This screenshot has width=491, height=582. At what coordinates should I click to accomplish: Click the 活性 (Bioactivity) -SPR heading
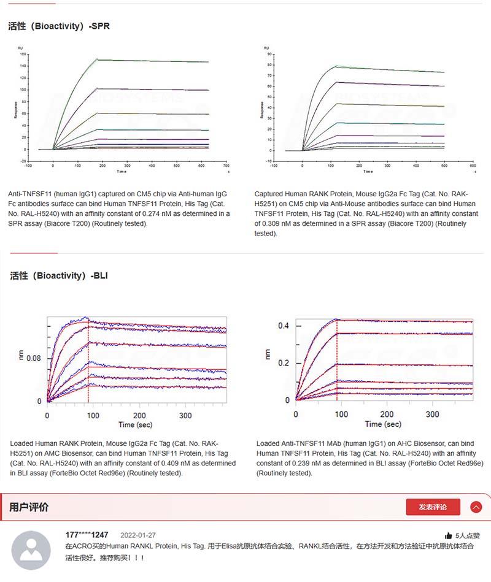click(x=59, y=26)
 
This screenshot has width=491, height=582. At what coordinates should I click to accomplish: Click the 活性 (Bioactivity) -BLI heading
click(x=59, y=276)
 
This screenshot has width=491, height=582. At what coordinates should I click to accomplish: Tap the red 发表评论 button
click(x=433, y=507)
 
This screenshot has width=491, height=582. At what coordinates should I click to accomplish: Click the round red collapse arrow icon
click(x=476, y=507)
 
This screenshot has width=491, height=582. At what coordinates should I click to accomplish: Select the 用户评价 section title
click(x=29, y=507)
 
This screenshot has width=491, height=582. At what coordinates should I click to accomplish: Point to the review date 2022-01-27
click(x=138, y=535)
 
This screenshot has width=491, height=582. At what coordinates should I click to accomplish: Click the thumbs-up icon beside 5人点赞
click(x=448, y=535)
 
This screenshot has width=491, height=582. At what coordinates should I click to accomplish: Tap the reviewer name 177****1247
click(x=87, y=535)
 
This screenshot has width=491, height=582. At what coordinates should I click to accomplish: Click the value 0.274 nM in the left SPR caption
click(x=160, y=214)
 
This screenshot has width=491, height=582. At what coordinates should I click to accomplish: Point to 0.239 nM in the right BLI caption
click(x=311, y=463)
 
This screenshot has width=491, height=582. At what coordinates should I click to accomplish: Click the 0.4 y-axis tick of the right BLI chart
click(x=283, y=326)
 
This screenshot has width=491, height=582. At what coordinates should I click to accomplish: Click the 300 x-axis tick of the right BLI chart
click(x=433, y=415)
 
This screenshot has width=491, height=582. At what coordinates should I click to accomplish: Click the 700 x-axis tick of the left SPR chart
click(x=226, y=166)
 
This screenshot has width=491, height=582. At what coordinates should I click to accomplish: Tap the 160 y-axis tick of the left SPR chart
click(x=23, y=54)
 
